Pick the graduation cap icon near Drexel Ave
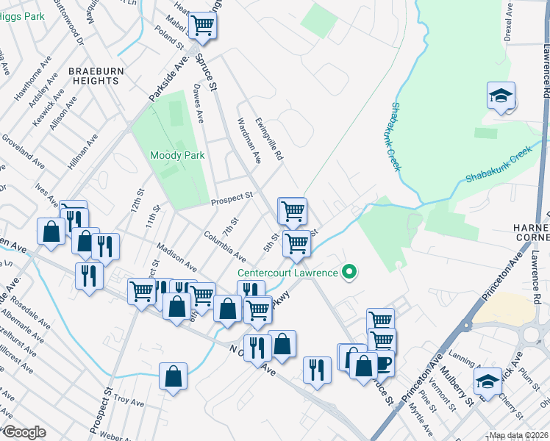[x=501, y=96]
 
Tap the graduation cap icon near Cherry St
[x=486, y=381]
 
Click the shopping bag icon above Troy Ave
[x=172, y=377]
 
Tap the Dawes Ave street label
[x=198, y=104]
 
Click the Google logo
[x=24, y=432]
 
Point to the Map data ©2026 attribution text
[x=518, y=435]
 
